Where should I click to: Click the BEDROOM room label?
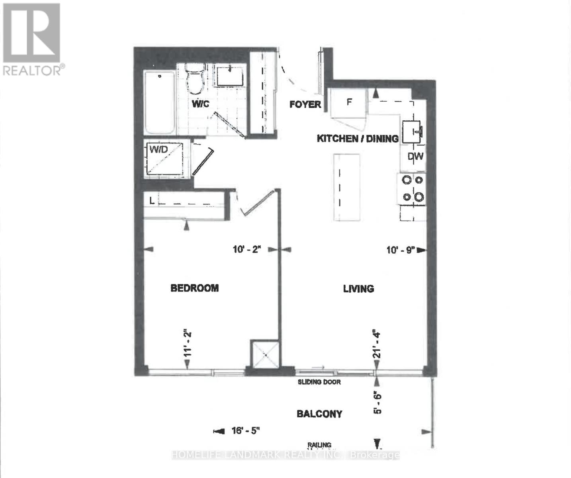click(x=194, y=288)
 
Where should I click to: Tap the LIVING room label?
click(x=358, y=288)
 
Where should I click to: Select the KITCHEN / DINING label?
click(x=357, y=139)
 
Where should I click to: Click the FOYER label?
click(x=305, y=104)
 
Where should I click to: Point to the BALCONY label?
click(x=319, y=414)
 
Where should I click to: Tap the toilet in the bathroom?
click(x=195, y=80)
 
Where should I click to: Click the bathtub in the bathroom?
click(x=159, y=103)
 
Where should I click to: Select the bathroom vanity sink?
click(x=230, y=77)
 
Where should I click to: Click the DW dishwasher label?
click(x=415, y=157)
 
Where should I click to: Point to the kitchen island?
click(x=346, y=187)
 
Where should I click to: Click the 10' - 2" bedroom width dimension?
click(x=246, y=250)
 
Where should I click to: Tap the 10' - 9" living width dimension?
click(x=401, y=250)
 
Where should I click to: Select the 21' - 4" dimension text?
click(x=376, y=343)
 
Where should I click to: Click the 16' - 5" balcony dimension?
click(x=246, y=431)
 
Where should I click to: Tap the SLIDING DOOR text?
click(x=319, y=382)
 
